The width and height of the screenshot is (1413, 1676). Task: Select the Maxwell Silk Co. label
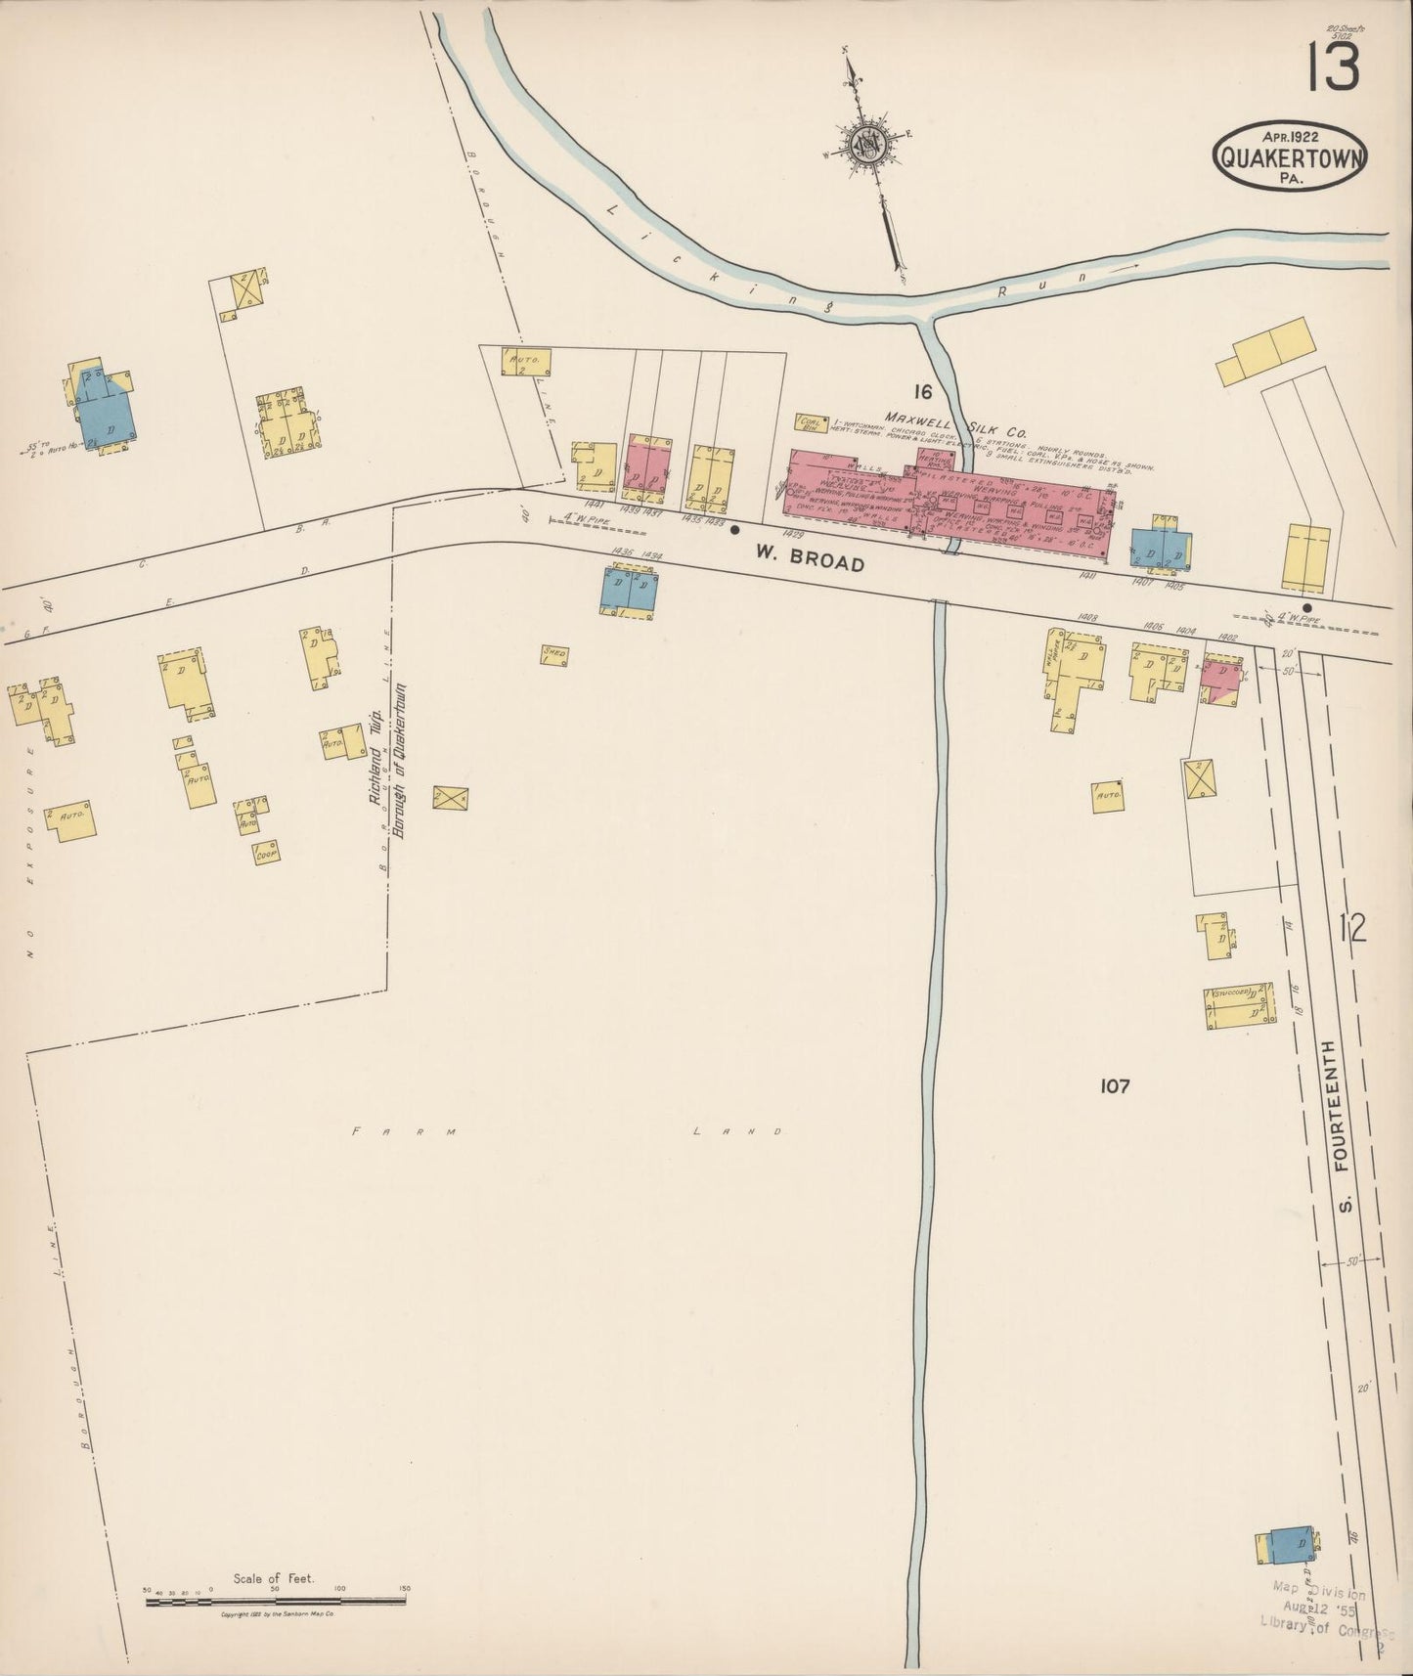(x=955, y=421)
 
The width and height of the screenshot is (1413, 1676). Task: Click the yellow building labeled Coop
(x=264, y=852)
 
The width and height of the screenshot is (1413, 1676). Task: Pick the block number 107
(x=1114, y=1085)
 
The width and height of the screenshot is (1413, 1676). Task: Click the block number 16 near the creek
(x=921, y=392)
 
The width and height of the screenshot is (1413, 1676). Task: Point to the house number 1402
(x=1227, y=638)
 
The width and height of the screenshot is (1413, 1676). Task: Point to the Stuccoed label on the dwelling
(x=1232, y=993)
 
